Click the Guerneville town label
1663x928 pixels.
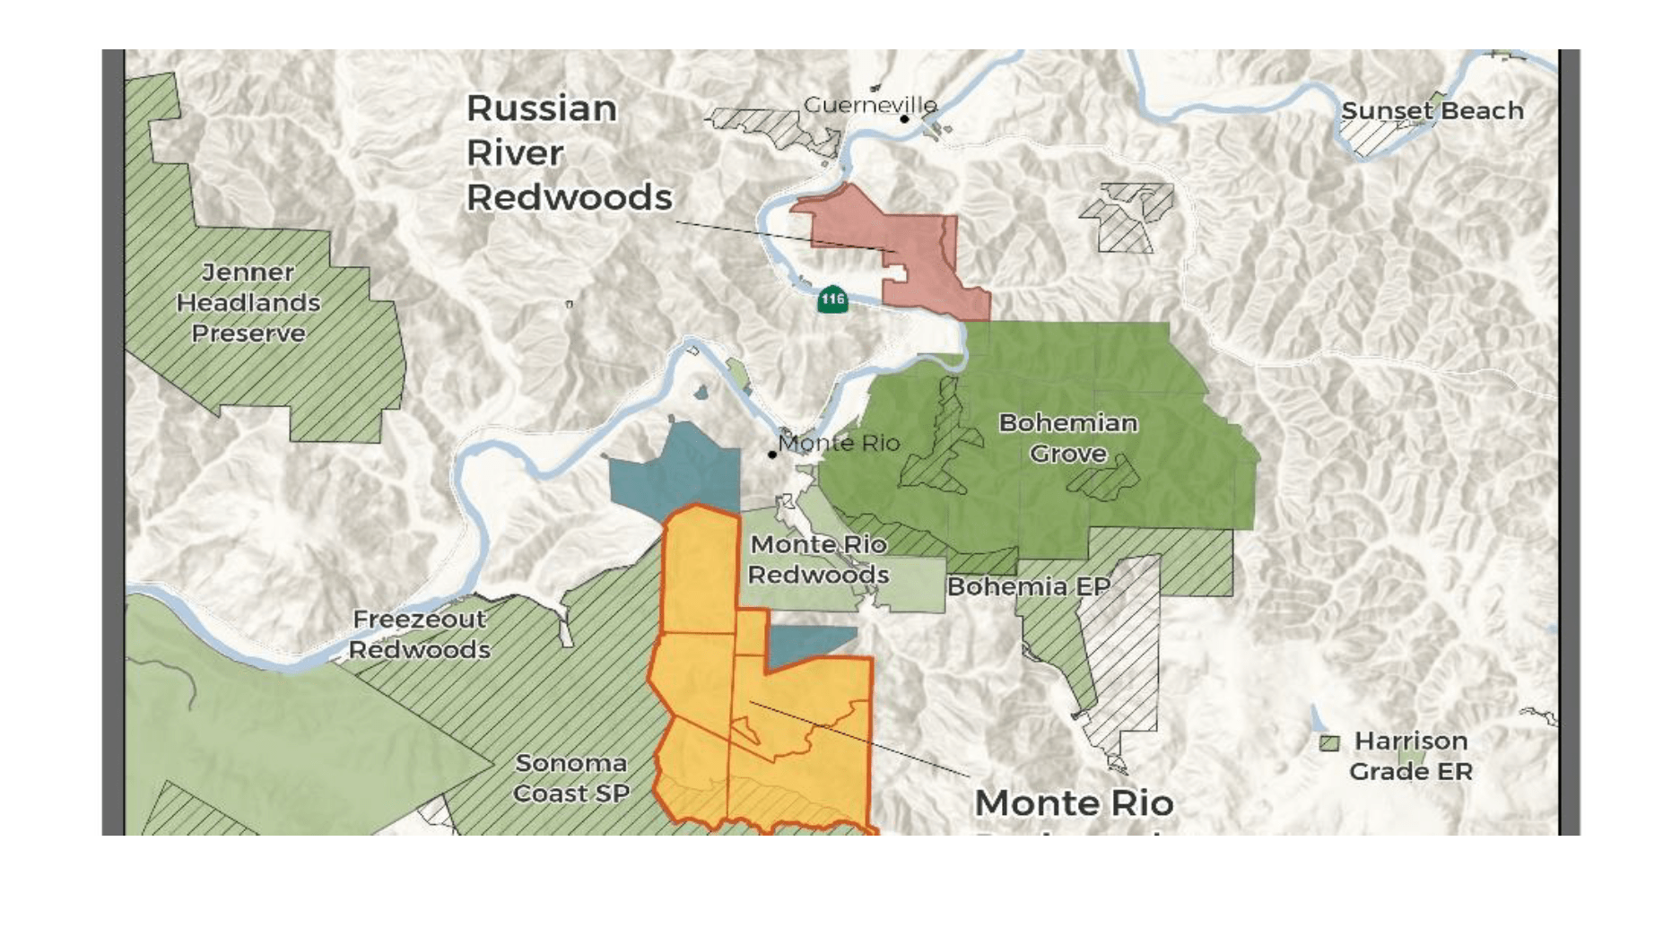[869, 105]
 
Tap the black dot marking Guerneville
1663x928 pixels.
[905, 118]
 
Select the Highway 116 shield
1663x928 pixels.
[832, 299]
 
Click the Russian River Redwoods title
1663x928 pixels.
[568, 152]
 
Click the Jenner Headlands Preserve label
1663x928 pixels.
[248, 303]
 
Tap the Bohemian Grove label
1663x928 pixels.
[1068, 438]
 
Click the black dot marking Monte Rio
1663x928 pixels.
[772, 455]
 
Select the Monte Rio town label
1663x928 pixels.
[839, 443]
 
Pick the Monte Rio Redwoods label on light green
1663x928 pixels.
[818, 559]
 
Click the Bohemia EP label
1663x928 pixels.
[1028, 586]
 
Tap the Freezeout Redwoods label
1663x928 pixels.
[420, 634]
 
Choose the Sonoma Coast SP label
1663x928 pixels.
[570, 778]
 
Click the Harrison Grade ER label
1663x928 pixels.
[1410, 756]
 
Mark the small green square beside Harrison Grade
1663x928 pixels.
[1329, 742]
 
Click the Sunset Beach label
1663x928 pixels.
[1432, 111]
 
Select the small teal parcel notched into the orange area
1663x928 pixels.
[807, 643]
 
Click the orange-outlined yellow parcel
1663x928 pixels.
[789, 735]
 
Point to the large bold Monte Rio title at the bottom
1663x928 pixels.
[1074, 803]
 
